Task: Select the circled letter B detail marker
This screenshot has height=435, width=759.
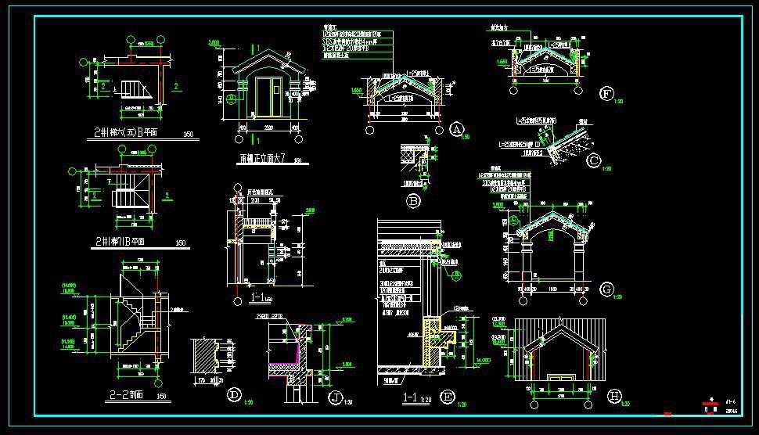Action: [414, 200]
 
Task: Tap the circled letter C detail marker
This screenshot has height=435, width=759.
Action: [594, 161]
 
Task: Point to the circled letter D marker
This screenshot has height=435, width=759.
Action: [233, 396]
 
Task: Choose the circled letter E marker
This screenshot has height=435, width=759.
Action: [448, 396]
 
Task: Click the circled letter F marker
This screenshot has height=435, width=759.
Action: [606, 94]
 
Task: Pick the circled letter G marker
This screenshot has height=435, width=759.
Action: [606, 289]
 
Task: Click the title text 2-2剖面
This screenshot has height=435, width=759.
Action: [126, 397]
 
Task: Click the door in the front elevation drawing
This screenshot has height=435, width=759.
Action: [269, 94]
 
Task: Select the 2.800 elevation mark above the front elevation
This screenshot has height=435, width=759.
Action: [214, 41]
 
